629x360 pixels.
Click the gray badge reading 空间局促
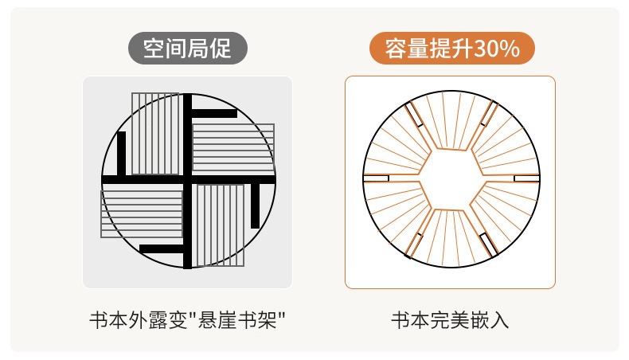pyautogui.click(x=188, y=48)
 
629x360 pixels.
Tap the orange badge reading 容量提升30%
pyautogui.click(x=452, y=48)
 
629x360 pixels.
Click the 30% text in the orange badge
pyautogui.click(x=497, y=49)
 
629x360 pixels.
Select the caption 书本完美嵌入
pyautogui.click(x=450, y=321)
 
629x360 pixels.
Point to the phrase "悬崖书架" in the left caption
pyautogui.click(x=237, y=321)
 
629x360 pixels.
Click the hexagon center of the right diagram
pyautogui.click(x=451, y=179)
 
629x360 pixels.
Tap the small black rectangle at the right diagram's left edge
pyautogui.click(x=377, y=178)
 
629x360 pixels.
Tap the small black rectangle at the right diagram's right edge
pyautogui.click(x=526, y=178)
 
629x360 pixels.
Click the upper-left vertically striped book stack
pyautogui.click(x=155, y=134)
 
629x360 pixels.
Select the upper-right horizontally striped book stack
pyautogui.click(x=233, y=147)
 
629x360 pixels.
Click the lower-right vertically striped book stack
pyautogui.click(x=221, y=225)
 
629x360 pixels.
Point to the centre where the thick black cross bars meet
pyautogui.click(x=187, y=179)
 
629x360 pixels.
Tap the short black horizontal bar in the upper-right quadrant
pyautogui.click(x=214, y=114)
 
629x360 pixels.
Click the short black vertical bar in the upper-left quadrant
pyautogui.click(x=121, y=153)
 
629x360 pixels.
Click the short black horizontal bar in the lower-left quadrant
pyautogui.click(x=162, y=249)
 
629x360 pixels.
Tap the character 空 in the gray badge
pyautogui.click(x=154, y=49)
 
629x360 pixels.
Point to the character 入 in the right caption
pyautogui.click(x=500, y=321)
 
